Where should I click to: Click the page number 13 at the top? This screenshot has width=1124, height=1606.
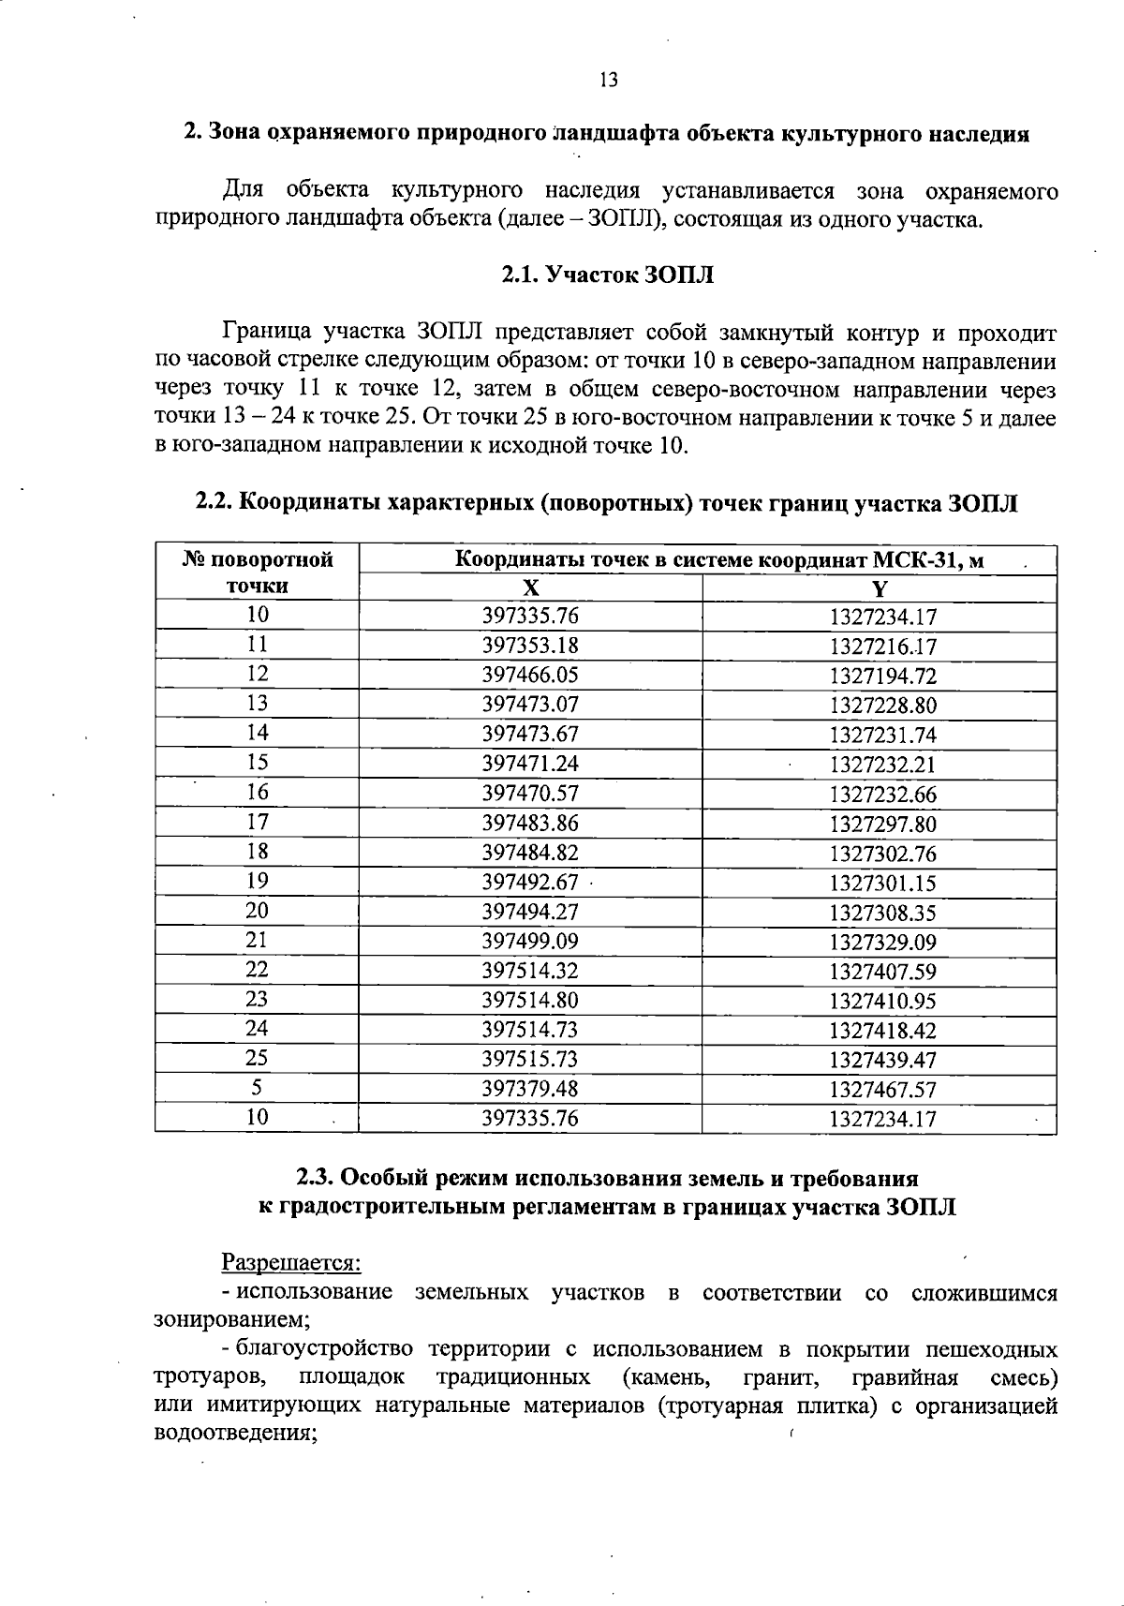(x=609, y=81)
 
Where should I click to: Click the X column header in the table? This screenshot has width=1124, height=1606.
(x=530, y=588)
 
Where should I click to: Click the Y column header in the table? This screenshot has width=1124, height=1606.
(x=879, y=588)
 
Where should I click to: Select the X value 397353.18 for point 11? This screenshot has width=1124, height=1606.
(x=530, y=646)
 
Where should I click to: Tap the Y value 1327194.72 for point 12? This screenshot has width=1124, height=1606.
(x=882, y=676)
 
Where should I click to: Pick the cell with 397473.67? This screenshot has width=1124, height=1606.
(x=530, y=734)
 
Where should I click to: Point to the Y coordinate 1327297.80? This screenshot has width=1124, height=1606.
(x=882, y=824)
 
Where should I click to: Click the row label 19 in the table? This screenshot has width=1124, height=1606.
(x=257, y=881)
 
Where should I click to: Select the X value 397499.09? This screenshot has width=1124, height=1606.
(x=530, y=941)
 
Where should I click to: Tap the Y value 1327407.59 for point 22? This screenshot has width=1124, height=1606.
(x=882, y=972)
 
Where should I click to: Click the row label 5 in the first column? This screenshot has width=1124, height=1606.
(x=257, y=1087)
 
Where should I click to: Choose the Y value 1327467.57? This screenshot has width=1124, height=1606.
(x=882, y=1090)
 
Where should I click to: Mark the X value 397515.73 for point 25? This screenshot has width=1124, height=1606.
(x=530, y=1059)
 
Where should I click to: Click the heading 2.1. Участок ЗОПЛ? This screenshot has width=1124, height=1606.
(x=607, y=275)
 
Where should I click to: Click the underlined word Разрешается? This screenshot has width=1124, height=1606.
(x=290, y=1263)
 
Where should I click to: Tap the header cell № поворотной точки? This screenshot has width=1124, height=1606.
(x=257, y=573)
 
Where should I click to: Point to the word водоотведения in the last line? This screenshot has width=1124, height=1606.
(x=235, y=1434)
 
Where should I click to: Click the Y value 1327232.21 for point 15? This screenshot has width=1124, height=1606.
(x=882, y=765)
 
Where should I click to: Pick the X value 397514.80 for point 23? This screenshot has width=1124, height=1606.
(x=530, y=1000)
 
